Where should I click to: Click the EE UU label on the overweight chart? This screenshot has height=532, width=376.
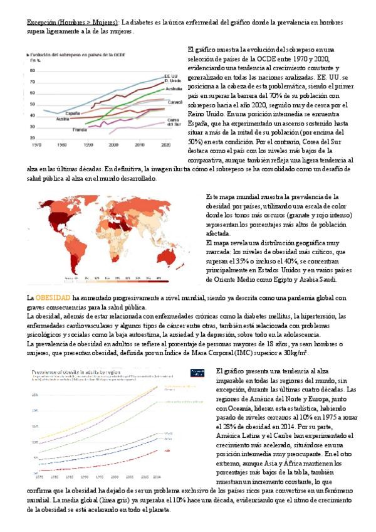pyautogui.click(x=170, y=75)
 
